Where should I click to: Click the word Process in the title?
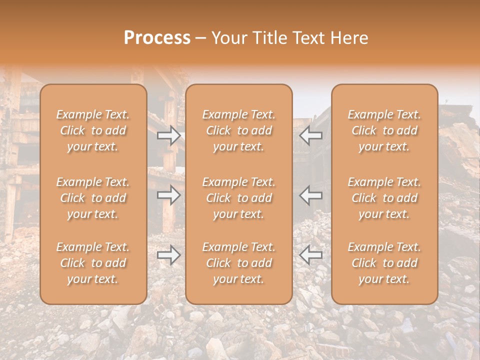click(157, 38)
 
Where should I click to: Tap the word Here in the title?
click(348, 38)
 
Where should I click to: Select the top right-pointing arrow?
click(168, 135)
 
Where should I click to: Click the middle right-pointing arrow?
click(168, 195)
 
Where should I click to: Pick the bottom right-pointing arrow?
click(168, 255)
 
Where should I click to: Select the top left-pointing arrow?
click(310, 135)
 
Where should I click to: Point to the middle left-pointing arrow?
click(310, 195)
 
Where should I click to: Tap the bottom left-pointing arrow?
click(310, 255)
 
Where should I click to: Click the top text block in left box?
click(93, 130)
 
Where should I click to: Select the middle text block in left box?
click(93, 198)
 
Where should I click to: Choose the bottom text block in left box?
click(93, 263)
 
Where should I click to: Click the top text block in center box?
click(239, 130)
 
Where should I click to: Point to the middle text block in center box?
click(239, 198)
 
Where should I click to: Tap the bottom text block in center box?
click(239, 263)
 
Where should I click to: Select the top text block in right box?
click(384, 130)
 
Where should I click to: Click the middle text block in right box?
click(384, 198)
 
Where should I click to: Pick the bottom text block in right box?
click(384, 263)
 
